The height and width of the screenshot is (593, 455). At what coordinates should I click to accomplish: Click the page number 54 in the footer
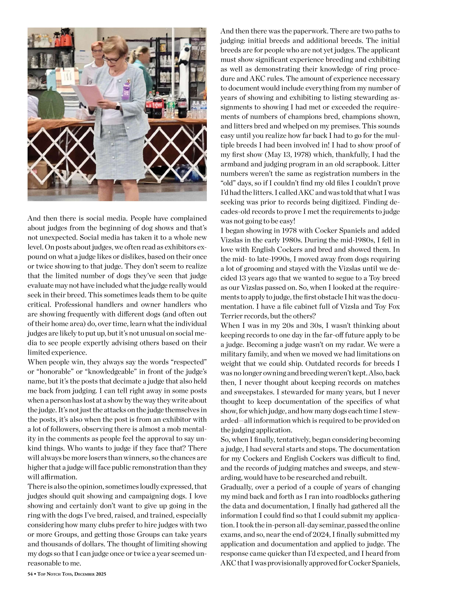click(x=30, y=574)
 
